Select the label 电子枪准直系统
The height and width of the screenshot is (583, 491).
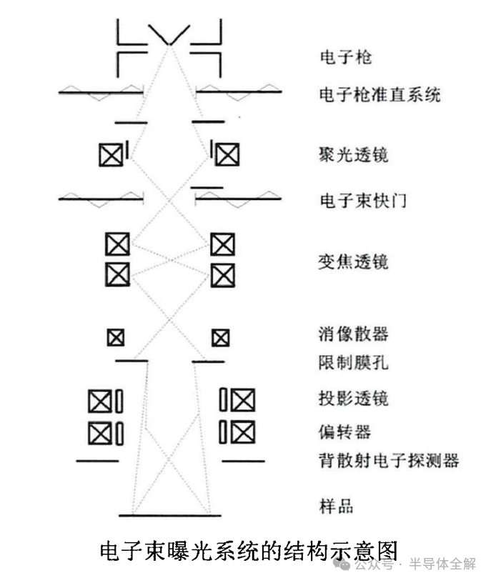379,94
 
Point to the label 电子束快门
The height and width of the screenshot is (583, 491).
362,200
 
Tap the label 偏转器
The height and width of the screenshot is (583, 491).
344,432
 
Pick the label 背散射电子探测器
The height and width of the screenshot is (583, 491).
388,460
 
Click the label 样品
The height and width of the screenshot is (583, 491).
336,507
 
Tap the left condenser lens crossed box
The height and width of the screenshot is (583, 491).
111,154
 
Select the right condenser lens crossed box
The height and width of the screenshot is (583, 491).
227,154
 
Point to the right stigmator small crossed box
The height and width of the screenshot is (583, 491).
220,337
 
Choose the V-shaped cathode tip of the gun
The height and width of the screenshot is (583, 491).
170,40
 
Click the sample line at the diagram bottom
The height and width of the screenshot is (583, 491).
170,515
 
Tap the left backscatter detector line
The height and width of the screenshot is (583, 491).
97,461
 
